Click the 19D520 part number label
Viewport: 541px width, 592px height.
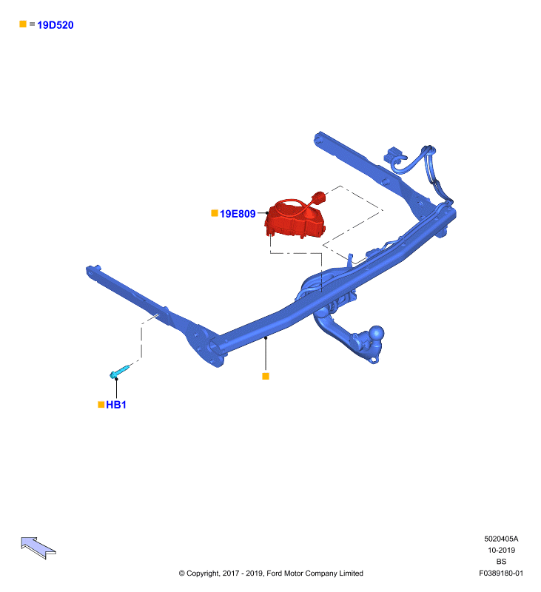tap(55, 25)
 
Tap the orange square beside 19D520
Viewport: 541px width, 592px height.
tap(23, 24)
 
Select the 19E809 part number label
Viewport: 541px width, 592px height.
tap(238, 214)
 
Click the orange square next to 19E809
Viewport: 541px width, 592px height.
tap(215, 213)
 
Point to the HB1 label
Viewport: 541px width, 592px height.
tap(116, 405)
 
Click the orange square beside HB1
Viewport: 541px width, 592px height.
tap(101, 404)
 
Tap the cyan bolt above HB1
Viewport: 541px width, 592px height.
tap(119, 371)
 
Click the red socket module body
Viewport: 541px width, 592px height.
tap(295, 223)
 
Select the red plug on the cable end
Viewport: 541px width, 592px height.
tap(318, 198)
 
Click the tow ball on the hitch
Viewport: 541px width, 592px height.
tap(377, 334)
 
